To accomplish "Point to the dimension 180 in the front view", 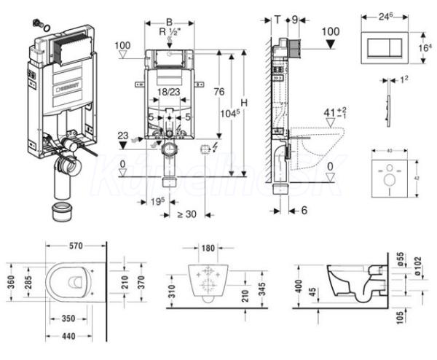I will tap(208, 249).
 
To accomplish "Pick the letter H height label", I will tap(244, 103).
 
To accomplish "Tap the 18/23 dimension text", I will tap(169, 93).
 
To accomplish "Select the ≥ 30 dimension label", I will tap(188, 214).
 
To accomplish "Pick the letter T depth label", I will tap(277, 20).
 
